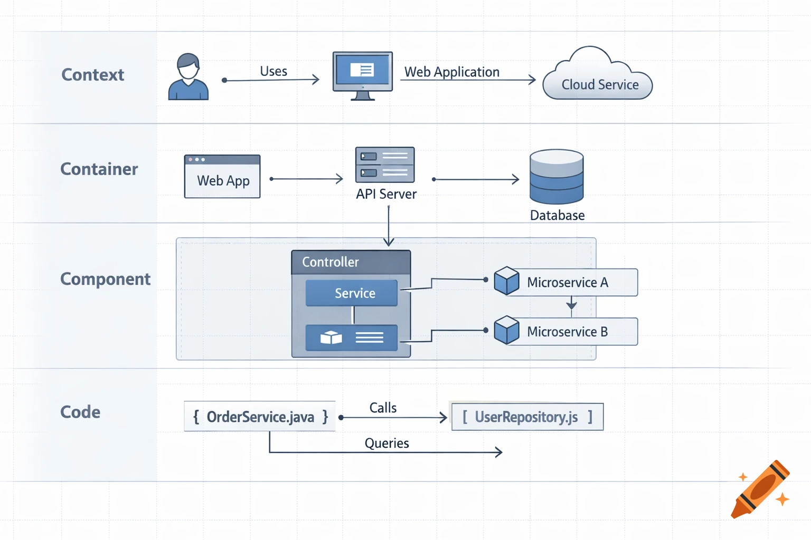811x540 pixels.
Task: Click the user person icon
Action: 188,77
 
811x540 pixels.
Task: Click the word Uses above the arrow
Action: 274,71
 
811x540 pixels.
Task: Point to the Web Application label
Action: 452,72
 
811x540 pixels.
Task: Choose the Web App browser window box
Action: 222,177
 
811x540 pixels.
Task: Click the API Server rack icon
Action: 385,165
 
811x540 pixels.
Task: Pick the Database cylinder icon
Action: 557,177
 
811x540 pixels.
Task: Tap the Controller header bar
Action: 351,262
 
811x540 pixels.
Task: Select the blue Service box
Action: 352,293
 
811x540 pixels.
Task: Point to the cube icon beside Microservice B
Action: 506,330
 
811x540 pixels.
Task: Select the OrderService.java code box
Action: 260,417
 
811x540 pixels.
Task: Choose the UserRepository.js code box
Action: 527,417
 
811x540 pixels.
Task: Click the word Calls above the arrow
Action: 383,408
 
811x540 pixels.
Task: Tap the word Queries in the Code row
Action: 386,443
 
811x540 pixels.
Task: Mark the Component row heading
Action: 105,279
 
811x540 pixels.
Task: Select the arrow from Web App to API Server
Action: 306,179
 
